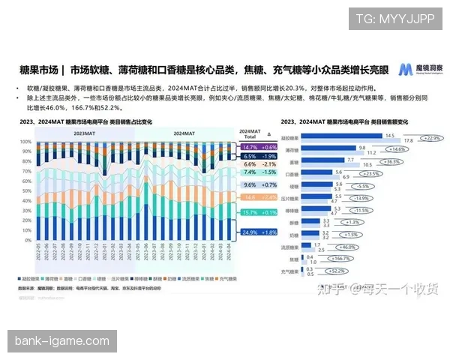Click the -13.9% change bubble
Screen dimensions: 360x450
click(366, 198)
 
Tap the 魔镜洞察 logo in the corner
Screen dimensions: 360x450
click(413, 70)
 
